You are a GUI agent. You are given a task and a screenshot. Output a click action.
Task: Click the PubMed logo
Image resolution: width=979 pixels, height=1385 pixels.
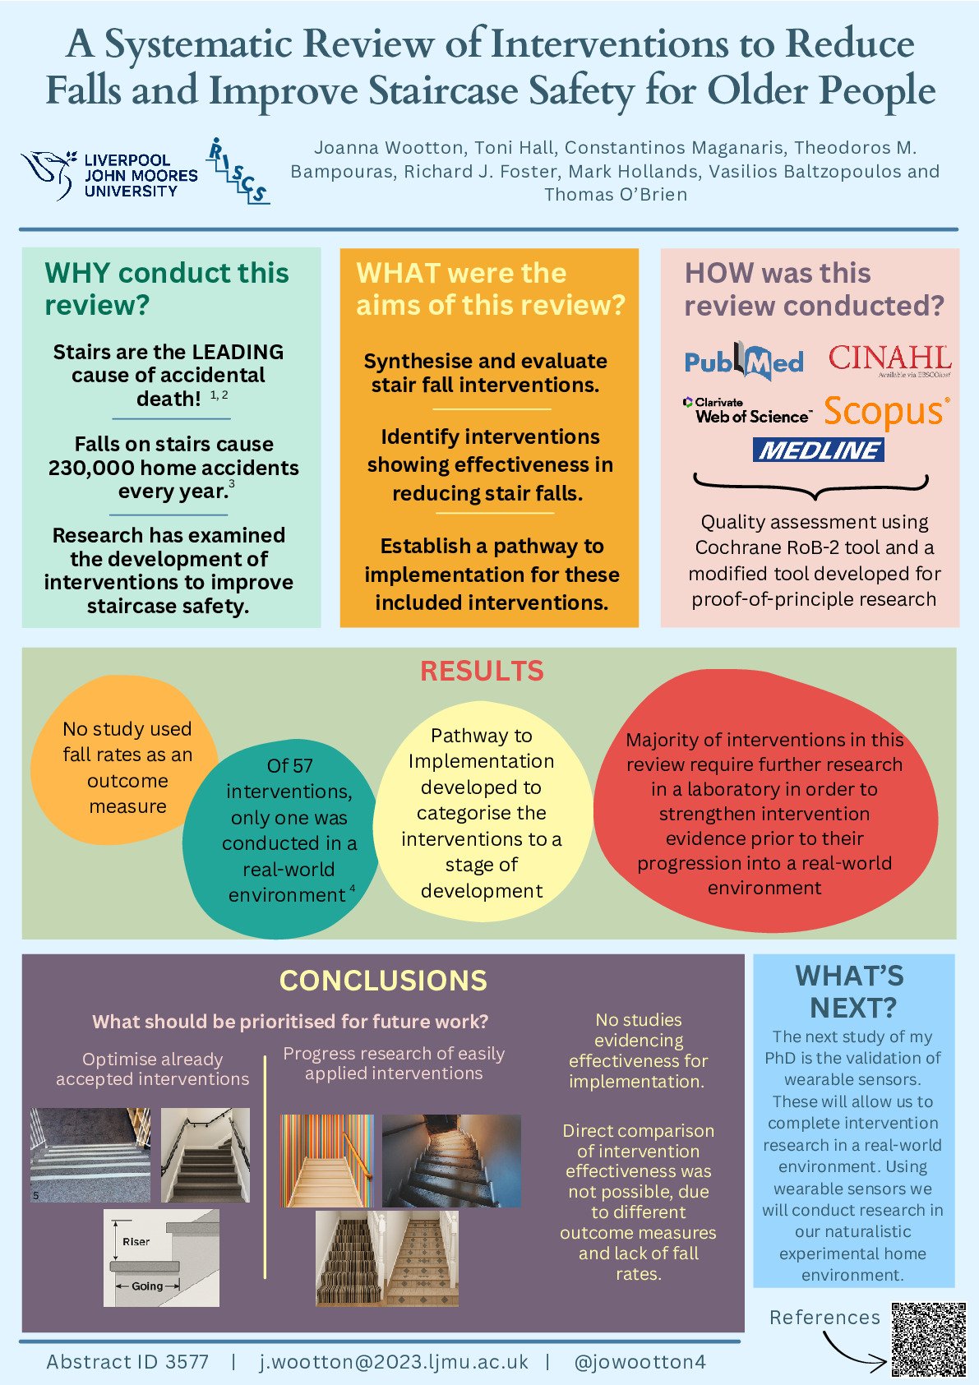(744, 362)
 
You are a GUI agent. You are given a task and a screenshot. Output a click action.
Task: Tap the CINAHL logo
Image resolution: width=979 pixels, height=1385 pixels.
(889, 359)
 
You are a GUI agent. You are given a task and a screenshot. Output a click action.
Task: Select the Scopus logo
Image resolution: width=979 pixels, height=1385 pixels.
(886, 412)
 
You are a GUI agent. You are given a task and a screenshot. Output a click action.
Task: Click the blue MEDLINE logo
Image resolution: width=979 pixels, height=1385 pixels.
(818, 450)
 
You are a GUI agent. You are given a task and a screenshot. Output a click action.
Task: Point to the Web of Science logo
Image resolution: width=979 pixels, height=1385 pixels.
(746, 411)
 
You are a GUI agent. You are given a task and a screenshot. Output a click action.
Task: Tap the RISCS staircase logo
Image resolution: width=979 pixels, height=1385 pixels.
(237, 171)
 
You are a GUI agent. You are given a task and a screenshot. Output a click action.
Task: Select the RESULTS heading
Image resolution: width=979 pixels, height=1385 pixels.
(482, 672)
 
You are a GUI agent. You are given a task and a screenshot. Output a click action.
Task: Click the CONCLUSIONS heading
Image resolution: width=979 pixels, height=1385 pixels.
(383, 981)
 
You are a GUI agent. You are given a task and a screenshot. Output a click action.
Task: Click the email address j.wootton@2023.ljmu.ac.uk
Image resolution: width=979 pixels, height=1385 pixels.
(394, 1362)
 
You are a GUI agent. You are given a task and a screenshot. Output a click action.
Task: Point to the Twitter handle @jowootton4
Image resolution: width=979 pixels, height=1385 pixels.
(640, 1362)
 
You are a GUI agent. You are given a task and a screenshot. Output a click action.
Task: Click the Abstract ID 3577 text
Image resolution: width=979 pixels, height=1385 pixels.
(127, 1362)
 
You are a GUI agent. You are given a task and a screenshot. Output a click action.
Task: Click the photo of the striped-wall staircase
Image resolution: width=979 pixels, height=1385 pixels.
(327, 1161)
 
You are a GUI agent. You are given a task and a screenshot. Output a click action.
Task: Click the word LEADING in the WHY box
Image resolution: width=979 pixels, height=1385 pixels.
(237, 352)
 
